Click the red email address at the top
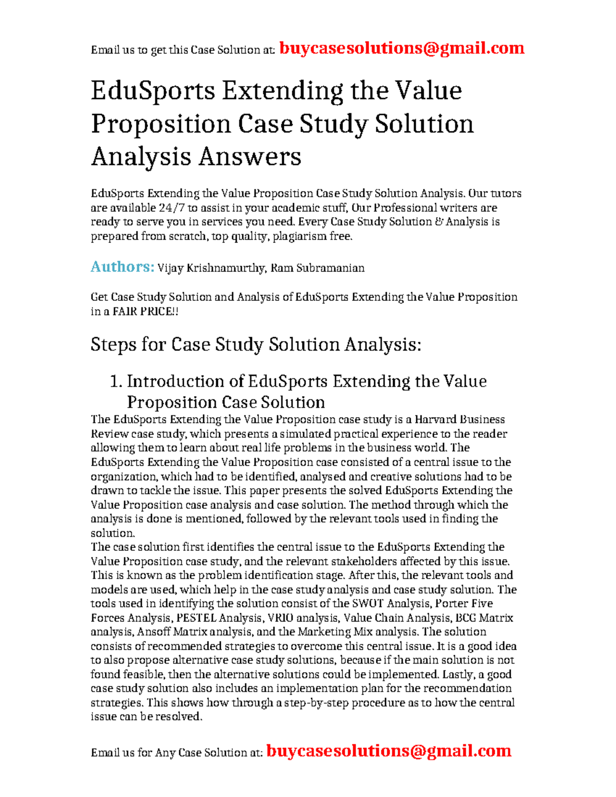[401, 48]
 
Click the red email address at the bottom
[389, 751]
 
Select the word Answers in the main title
[250, 157]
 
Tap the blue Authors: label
[122, 267]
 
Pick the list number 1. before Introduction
[117, 381]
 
